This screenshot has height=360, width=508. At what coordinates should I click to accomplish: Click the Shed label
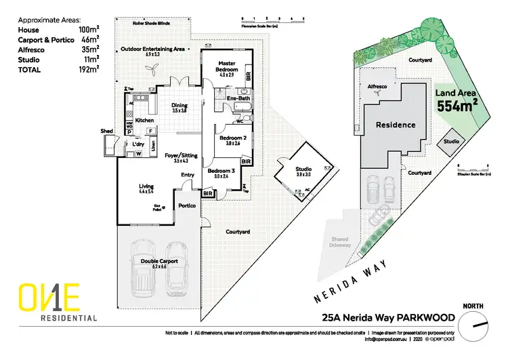106,131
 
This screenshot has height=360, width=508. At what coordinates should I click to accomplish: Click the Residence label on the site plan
396,125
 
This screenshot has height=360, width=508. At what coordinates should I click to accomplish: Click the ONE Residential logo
58,302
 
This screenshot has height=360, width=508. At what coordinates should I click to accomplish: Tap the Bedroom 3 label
220,170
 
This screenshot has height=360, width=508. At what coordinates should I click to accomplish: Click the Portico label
187,205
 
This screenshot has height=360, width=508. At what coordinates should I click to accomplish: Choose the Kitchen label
145,120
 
